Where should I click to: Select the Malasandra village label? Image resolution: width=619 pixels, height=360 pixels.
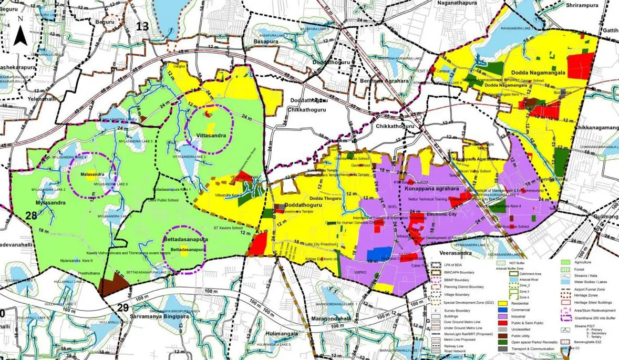pos(92,174)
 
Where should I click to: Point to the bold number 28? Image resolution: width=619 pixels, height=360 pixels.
pos(31,215)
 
